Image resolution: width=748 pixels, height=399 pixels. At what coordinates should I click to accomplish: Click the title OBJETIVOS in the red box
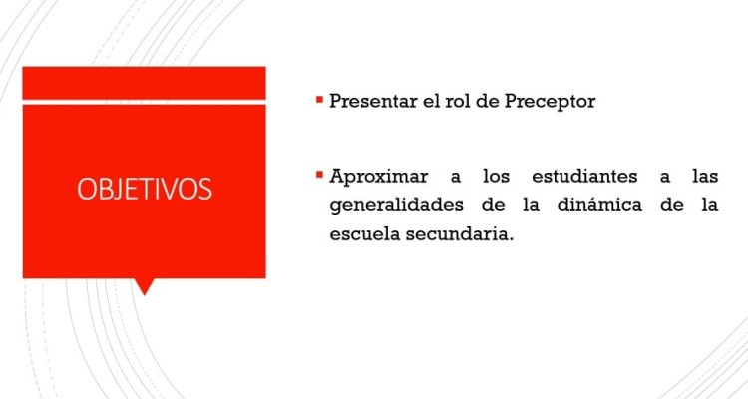click(145, 189)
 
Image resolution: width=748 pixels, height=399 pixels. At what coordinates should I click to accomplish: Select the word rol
click(459, 101)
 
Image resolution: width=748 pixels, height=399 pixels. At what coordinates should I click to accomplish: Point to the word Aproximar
click(379, 177)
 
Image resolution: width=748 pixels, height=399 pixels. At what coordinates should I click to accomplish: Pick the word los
click(496, 177)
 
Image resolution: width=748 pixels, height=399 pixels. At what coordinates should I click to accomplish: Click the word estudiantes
click(584, 177)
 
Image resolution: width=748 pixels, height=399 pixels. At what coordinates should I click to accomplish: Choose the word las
click(705, 177)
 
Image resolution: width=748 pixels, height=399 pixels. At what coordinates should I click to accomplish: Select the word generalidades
click(396, 205)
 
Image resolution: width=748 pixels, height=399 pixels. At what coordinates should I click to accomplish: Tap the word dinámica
click(599, 205)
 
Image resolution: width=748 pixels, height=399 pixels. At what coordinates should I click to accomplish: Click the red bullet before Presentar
click(319, 100)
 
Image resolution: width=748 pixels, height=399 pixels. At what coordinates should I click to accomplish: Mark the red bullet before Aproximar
click(319, 175)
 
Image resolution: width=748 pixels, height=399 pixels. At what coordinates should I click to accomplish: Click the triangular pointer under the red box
click(144, 285)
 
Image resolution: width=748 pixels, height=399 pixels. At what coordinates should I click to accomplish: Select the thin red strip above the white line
click(144, 83)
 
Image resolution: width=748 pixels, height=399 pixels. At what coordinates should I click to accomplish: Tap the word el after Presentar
click(431, 101)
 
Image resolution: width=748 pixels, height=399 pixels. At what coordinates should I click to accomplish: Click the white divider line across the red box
click(144, 102)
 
